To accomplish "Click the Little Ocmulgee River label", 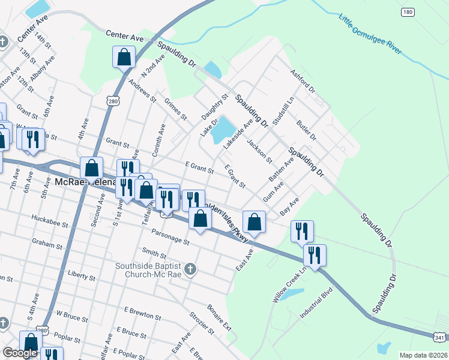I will (x=370, y=34).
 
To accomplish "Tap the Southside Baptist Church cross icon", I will (x=190, y=269).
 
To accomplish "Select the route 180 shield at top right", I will (x=408, y=12).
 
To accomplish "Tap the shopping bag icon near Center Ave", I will (x=124, y=58).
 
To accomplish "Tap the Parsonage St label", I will (x=170, y=238).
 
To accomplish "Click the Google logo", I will (x=20, y=353).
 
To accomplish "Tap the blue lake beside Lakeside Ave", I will (x=223, y=128).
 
